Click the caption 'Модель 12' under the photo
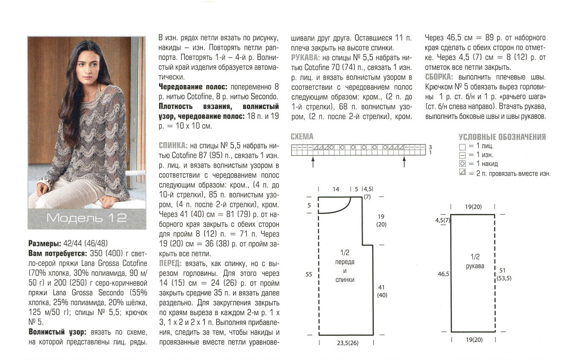coord(87,218)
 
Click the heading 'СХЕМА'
coord(302,136)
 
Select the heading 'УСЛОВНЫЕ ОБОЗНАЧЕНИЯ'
coord(502,137)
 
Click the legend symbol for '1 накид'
coord(462,164)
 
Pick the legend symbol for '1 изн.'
coord(462,155)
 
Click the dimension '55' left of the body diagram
coord(309,275)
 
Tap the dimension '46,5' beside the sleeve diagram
coord(443,274)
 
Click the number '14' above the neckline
coord(336,189)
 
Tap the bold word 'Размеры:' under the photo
coord(44,244)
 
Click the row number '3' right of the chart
coord(430,147)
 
